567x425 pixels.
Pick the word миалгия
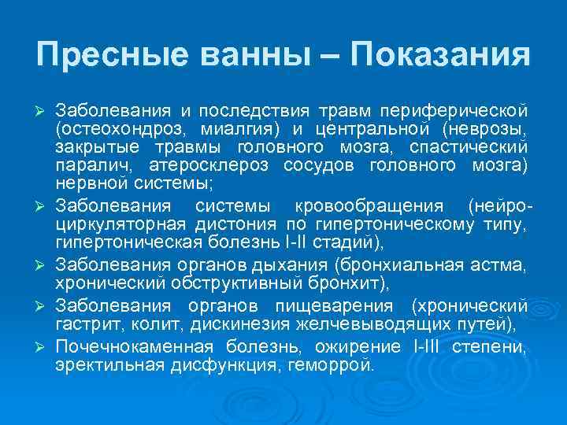click(x=222, y=128)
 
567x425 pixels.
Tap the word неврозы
click(x=485, y=128)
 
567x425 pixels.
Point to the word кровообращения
click(x=369, y=208)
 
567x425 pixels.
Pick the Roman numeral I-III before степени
click(x=424, y=347)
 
